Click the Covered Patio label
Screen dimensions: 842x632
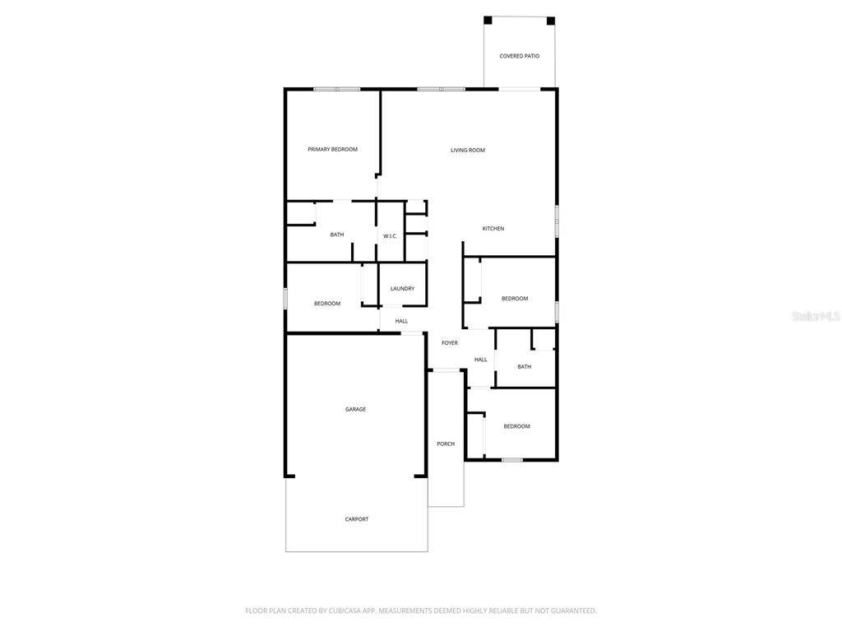520,56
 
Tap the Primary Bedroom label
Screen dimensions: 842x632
332,150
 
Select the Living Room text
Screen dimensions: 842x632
468,151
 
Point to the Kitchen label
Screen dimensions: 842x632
493,229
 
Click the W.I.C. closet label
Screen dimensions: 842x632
390,236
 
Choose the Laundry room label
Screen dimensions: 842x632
402,289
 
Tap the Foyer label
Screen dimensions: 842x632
450,343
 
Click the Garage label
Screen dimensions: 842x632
355,410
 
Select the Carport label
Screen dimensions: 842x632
357,519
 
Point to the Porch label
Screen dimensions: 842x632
446,444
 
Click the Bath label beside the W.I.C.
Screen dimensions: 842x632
336,235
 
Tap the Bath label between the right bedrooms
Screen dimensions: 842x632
524,367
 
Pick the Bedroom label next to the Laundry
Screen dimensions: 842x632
327,304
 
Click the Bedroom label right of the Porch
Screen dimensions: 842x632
516,427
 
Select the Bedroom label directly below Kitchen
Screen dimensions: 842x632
515,299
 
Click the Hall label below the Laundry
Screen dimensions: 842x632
401,322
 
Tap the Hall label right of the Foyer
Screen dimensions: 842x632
480,360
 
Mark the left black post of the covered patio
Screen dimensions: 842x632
488,21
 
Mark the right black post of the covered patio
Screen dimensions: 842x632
551,21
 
